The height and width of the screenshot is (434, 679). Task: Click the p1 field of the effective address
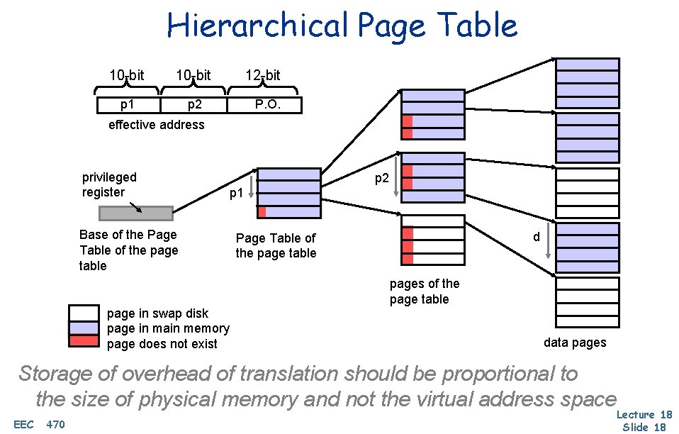point(128,105)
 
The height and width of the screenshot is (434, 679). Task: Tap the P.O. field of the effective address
point(267,105)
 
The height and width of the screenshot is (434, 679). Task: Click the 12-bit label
point(262,75)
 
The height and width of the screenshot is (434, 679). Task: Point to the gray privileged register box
point(135,213)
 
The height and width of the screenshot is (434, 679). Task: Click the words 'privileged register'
point(109,184)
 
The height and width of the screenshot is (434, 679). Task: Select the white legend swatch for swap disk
point(84,313)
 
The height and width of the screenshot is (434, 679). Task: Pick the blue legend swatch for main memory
point(84,328)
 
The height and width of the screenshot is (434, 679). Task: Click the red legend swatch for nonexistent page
point(84,341)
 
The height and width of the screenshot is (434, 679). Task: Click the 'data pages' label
point(575,343)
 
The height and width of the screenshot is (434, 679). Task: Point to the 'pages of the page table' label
point(424,291)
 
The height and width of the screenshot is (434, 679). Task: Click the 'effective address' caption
point(156,125)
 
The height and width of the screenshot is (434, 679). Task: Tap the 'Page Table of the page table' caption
point(276,246)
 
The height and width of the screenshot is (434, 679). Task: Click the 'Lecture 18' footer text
point(644,415)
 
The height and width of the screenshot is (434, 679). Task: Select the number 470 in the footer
point(55,425)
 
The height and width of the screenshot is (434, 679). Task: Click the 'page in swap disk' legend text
point(157,313)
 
